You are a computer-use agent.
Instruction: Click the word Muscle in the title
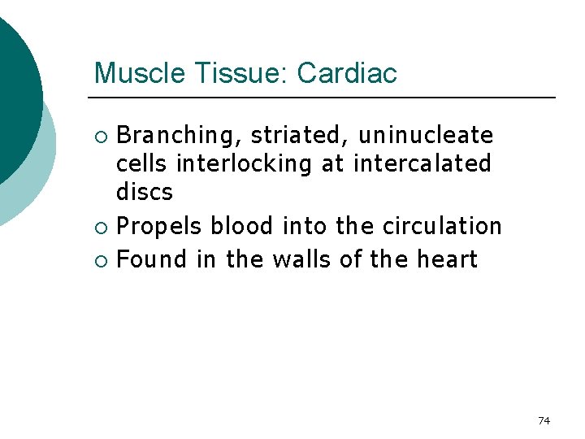click(x=139, y=73)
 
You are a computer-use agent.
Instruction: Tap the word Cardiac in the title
click(x=347, y=73)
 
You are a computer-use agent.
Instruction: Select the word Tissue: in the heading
click(x=240, y=73)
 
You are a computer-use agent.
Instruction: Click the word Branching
click(x=179, y=135)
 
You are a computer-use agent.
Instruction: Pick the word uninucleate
click(x=426, y=135)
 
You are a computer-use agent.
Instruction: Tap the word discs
click(x=145, y=193)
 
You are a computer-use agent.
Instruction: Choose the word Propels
click(x=159, y=226)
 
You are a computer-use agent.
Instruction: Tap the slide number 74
click(x=544, y=420)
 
